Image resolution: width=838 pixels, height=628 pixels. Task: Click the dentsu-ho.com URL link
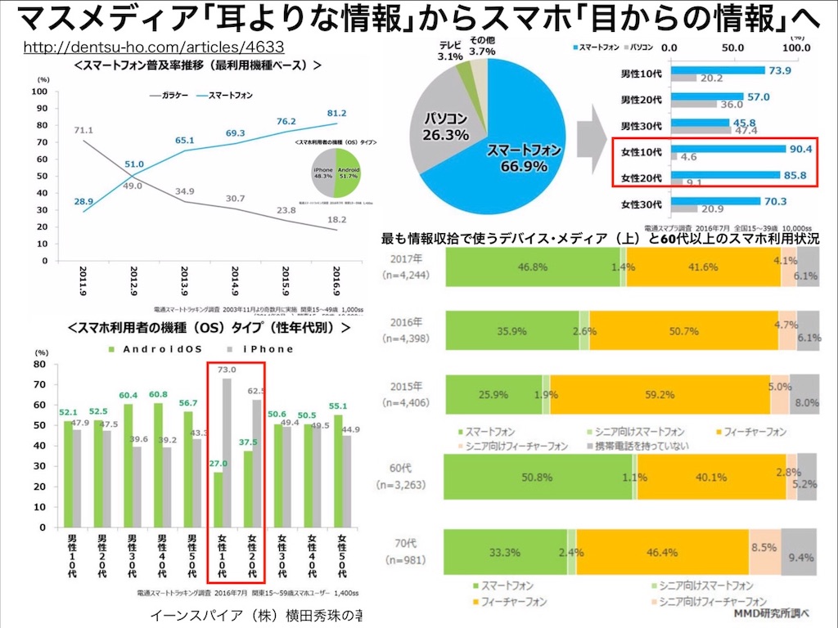[x=154, y=48]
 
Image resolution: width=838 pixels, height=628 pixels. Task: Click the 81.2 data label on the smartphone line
[x=336, y=112]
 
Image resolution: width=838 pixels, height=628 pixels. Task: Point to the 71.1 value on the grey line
[x=83, y=130]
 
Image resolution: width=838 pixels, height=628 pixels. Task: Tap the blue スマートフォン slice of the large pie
[x=516, y=139]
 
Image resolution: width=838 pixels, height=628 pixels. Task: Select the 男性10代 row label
[x=642, y=72]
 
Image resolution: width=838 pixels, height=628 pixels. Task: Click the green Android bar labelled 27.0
[x=217, y=500]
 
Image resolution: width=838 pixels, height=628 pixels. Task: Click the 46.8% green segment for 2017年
[x=532, y=267]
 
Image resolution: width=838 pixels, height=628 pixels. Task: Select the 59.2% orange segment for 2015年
[x=659, y=394]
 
